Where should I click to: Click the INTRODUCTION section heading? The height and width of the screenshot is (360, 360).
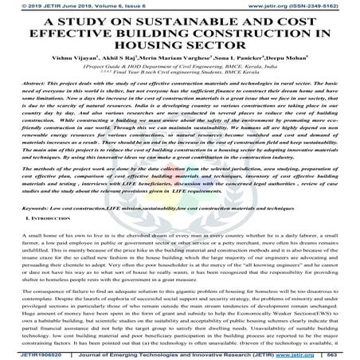pyautogui.click(x=34, y=217)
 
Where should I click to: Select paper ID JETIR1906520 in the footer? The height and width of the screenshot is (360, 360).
pyautogui.click(x=25, y=355)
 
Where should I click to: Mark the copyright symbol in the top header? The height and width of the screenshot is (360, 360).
pyautogui.click(x=4, y=4)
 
